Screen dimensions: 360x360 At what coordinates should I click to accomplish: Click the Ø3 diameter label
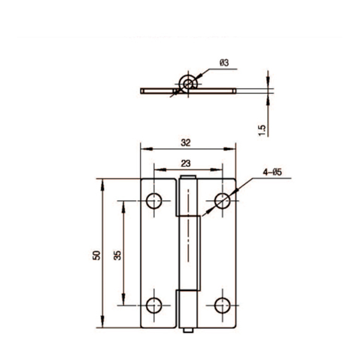(224, 63)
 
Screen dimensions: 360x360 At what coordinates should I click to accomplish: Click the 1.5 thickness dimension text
(262, 130)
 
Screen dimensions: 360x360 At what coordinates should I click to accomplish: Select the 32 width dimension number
(186, 143)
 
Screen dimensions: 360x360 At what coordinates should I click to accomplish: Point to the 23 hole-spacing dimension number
(186, 163)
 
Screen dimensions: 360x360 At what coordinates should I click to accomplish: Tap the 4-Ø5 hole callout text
(272, 173)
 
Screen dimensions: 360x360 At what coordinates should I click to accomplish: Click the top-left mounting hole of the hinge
(154, 201)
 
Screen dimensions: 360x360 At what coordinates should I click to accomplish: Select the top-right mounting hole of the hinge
(222, 201)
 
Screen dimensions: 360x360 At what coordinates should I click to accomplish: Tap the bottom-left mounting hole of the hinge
(154, 305)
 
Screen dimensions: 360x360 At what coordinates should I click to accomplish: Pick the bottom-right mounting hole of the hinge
(222, 305)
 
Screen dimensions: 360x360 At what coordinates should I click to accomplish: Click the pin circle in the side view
(188, 84)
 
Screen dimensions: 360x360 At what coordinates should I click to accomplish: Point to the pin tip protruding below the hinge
(188, 330)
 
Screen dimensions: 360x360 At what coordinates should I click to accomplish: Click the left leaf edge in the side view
(142, 91)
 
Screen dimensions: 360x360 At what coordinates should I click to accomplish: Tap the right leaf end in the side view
(234, 91)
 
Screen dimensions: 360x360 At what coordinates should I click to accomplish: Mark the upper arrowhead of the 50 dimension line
(102, 183)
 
